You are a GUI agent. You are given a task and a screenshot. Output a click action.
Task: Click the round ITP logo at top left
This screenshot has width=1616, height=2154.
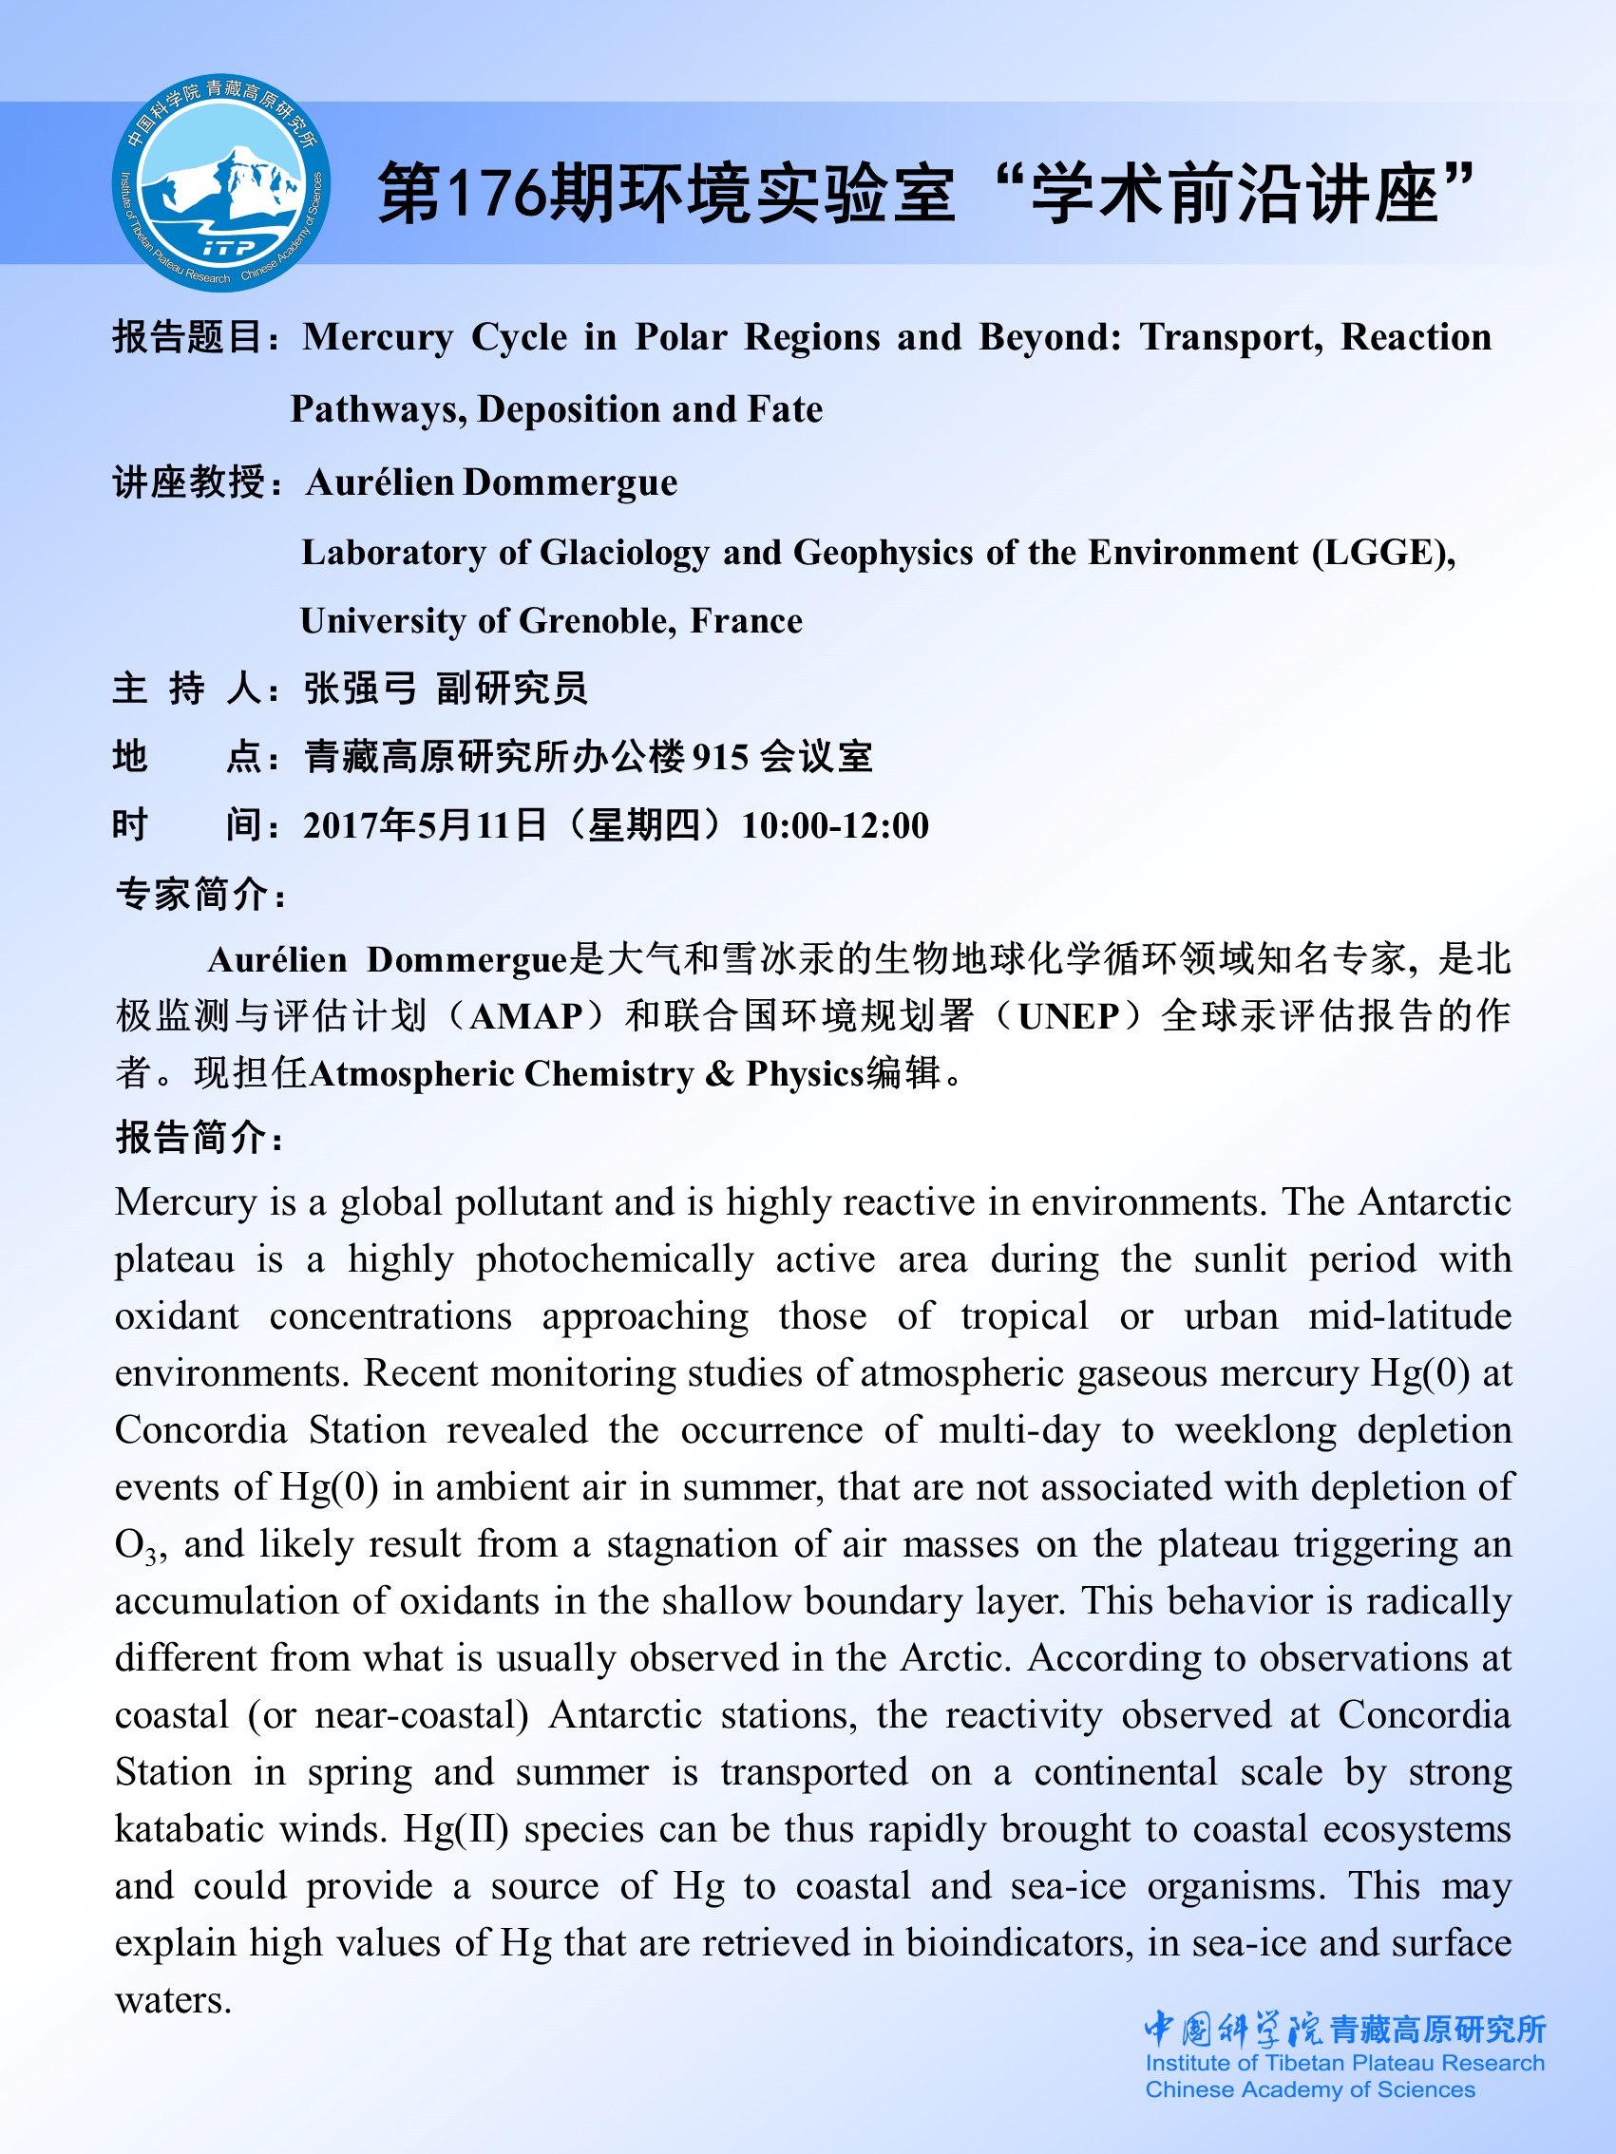pyautogui.click(x=221, y=183)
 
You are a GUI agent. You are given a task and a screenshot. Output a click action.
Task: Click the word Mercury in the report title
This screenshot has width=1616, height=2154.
pyautogui.click(x=378, y=337)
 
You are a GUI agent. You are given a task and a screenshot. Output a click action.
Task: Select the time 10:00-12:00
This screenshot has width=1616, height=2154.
pyautogui.click(x=835, y=825)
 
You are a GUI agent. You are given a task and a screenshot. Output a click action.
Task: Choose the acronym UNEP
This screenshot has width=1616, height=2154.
pyautogui.click(x=1068, y=1016)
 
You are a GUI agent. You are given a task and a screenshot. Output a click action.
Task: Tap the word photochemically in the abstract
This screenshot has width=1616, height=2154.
pyautogui.click(x=615, y=1260)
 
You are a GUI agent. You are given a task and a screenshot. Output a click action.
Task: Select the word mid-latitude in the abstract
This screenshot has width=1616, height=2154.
pyautogui.click(x=1409, y=1316)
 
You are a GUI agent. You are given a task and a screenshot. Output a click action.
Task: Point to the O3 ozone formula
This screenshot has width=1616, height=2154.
pyautogui.click(x=136, y=1545)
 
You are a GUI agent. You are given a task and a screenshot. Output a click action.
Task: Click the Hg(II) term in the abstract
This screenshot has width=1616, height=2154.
pyautogui.click(x=456, y=1830)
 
